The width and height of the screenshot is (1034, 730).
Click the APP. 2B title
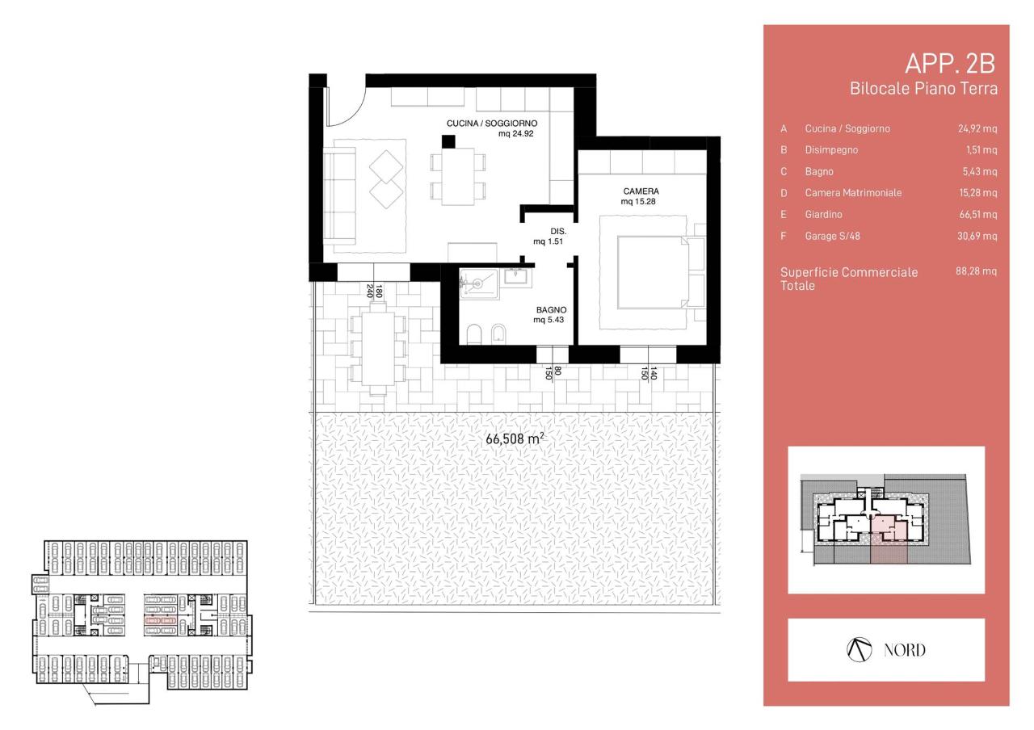coord(949,64)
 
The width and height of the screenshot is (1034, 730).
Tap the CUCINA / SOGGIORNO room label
coord(492,124)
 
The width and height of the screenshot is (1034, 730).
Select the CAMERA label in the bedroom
coord(641,191)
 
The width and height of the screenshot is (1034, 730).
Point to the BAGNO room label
coord(551,309)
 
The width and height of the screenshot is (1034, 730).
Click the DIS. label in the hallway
coord(558,231)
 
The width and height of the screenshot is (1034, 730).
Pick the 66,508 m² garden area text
coord(515,438)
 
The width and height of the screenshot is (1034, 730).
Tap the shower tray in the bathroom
coord(479,283)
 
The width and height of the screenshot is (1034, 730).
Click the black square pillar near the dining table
coord(448,141)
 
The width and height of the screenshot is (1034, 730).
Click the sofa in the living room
coord(340,195)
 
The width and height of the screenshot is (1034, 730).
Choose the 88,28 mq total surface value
coord(976,271)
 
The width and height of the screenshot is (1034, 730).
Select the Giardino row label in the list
coord(823,214)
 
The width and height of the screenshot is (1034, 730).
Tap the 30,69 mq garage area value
coord(977,236)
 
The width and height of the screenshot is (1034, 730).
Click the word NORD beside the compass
coord(904,650)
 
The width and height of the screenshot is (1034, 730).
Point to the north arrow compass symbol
coord(859,650)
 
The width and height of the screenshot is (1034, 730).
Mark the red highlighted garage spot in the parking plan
coord(161,621)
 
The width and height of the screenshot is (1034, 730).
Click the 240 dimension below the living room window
coord(369,291)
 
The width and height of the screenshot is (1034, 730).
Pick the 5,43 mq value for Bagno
coord(980,171)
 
